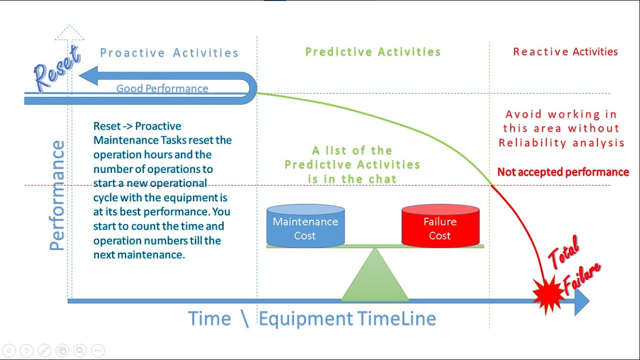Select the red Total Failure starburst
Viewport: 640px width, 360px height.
[x=547, y=295]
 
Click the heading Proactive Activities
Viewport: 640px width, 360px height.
[x=169, y=53]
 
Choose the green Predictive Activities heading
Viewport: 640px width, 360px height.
[x=373, y=52]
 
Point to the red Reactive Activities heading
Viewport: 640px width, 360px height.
[x=565, y=52]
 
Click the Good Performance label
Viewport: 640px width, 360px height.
[x=162, y=88]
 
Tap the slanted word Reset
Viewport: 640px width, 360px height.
[x=56, y=68]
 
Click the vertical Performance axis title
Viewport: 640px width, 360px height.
[x=57, y=195]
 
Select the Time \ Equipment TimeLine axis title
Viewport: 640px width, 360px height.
[x=311, y=318]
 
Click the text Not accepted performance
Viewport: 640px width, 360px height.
[x=563, y=172]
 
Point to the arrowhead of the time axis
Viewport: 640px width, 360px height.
[x=581, y=301]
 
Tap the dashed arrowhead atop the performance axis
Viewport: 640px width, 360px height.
[x=69, y=33]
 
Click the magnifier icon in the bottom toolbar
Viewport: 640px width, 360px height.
[x=79, y=350]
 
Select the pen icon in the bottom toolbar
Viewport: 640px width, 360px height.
[x=44, y=350]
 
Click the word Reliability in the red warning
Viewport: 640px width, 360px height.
[x=530, y=143]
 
